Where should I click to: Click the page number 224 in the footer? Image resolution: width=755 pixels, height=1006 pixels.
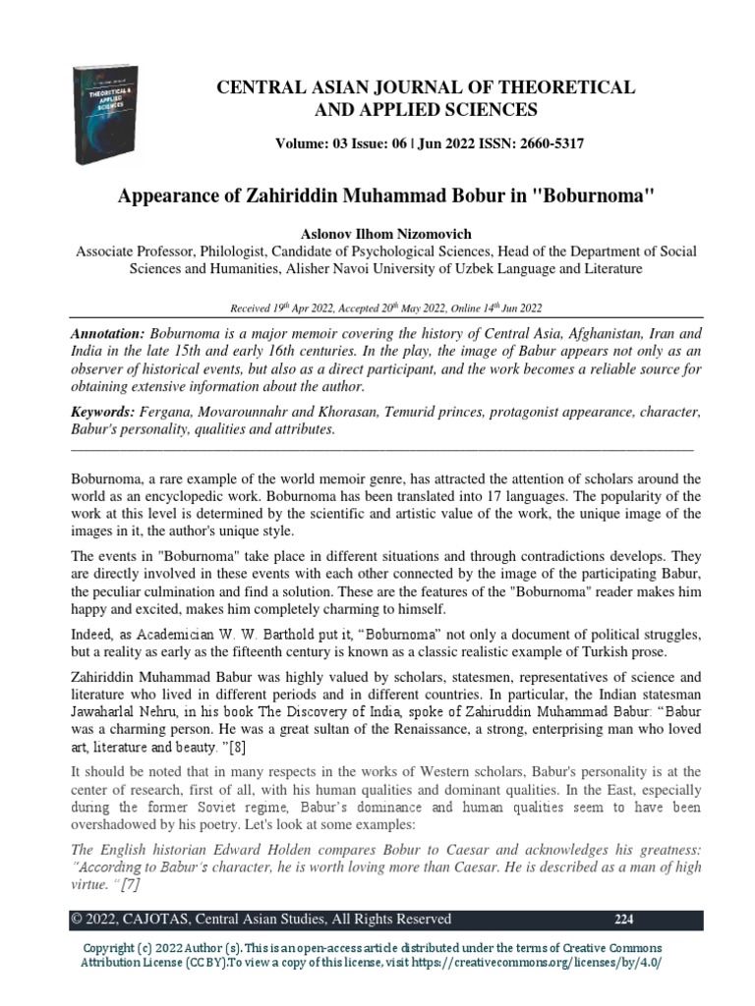pyautogui.click(x=624, y=920)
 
